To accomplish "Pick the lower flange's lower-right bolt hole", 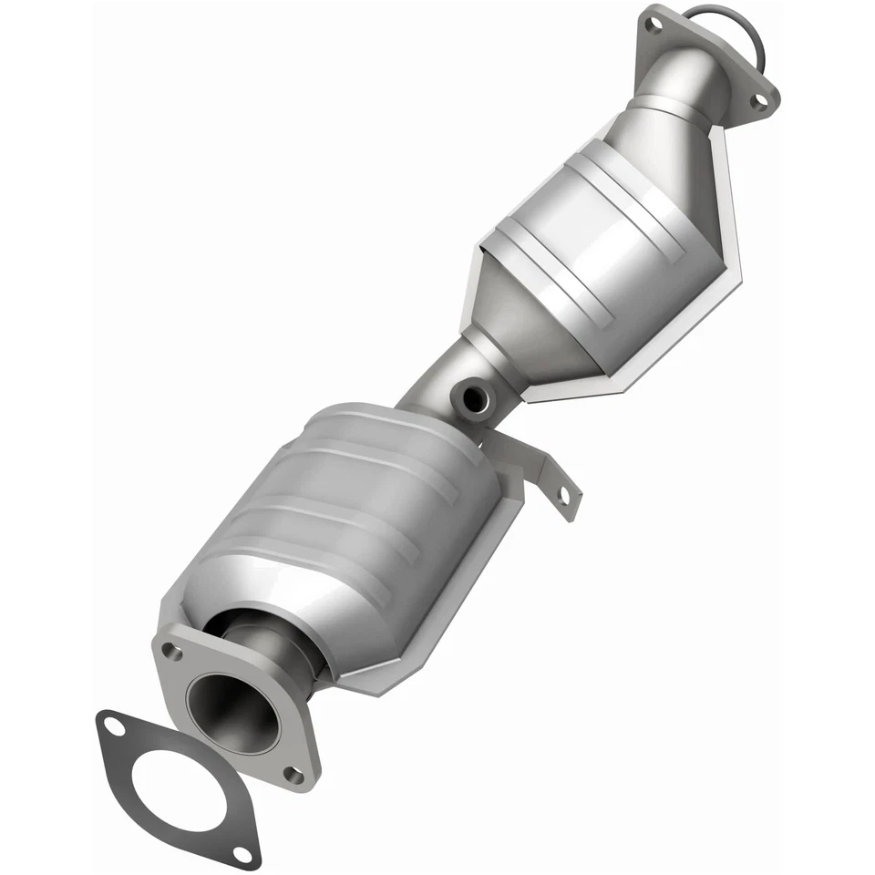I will tap(293, 775).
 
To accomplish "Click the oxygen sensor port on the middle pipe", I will tap(474, 397).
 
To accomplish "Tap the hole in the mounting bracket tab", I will tap(562, 496).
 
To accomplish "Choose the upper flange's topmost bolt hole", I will tap(653, 26).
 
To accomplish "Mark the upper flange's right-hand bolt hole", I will tap(758, 102).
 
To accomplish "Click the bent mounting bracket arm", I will tap(538, 465).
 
